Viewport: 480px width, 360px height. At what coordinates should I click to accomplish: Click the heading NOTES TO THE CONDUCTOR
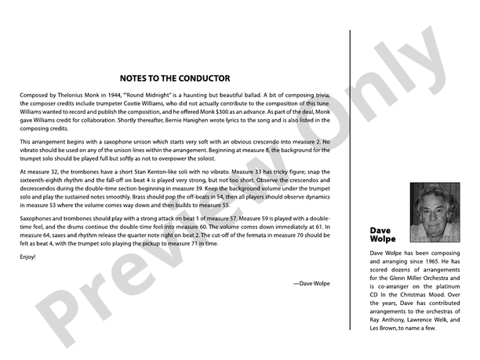175,78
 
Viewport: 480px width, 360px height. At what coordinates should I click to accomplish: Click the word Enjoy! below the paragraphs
28,257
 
